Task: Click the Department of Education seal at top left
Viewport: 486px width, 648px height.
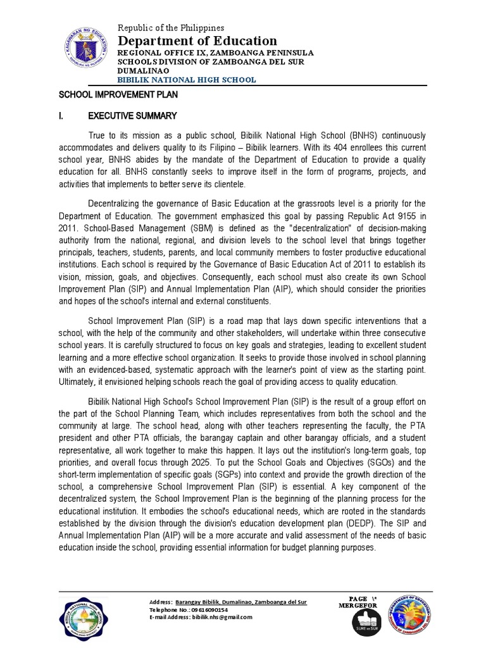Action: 85,54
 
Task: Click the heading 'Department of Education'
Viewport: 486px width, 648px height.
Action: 198,41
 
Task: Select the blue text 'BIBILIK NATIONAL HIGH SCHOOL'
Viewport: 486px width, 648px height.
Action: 187,80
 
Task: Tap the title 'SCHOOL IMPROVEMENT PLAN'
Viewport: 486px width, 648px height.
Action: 118,94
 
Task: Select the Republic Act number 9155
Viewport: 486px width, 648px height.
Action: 400,215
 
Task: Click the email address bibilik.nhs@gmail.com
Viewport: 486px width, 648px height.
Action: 228,617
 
